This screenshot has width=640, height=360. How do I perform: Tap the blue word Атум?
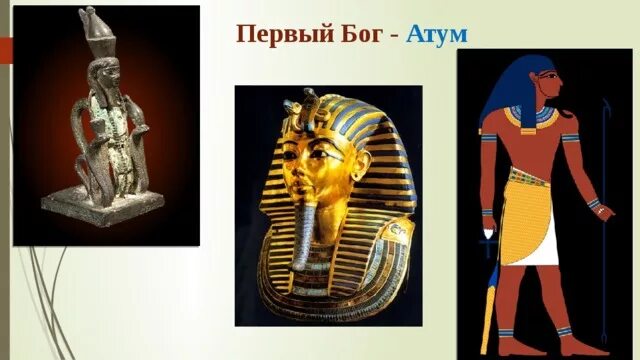438,35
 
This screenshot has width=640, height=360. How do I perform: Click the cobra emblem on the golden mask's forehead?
308,103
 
